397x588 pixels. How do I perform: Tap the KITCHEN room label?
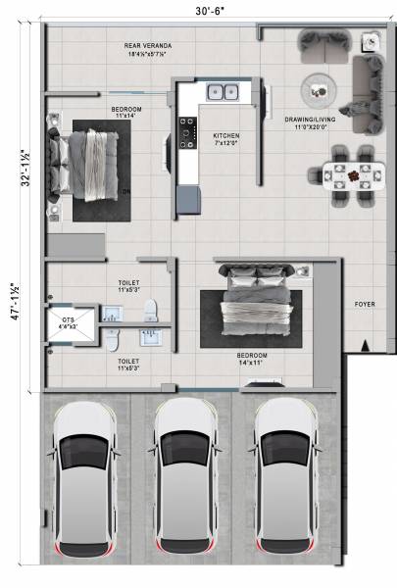(x=225, y=135)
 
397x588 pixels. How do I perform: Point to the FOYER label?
(x=365, y=305)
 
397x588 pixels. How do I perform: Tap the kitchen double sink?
(x=221, y=93)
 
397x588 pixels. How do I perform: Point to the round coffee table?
(x=319, y=90)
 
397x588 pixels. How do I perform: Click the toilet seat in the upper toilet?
(x=150, y=311)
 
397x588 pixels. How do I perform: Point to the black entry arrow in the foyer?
(x=365, y=345)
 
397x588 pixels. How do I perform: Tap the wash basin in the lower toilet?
(x=151, y=339)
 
